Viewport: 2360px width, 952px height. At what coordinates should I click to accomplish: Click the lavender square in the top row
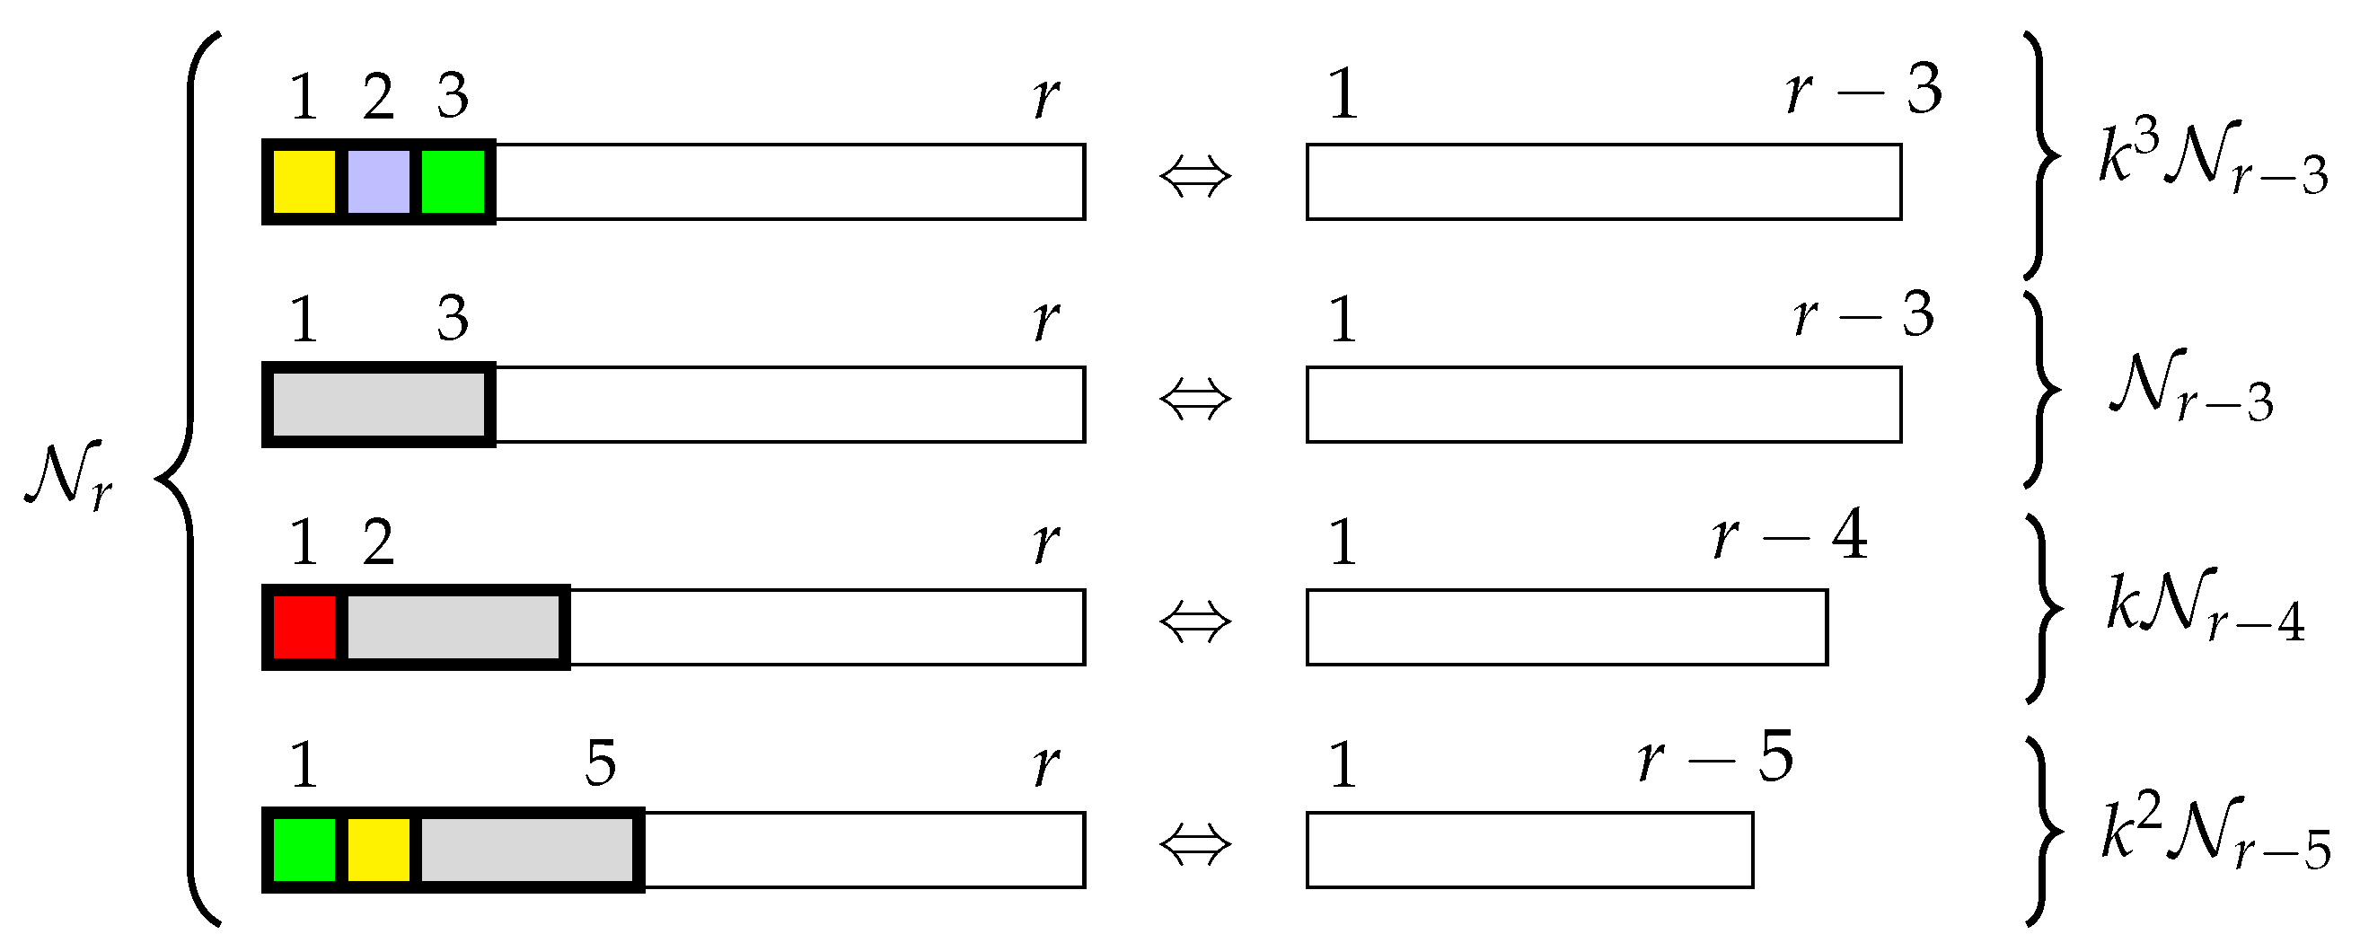pos(378,181)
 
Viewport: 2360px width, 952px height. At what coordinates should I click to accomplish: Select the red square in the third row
pos(304,627)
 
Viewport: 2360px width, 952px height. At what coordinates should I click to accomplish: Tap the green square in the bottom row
pos(304,850)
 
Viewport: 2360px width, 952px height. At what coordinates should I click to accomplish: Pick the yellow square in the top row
pos(304,181)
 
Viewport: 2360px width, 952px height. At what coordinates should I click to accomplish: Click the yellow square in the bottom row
pos(378,850)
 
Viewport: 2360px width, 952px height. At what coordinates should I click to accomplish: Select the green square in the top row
pos(453,181)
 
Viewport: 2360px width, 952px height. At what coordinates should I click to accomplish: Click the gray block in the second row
pos(378,404)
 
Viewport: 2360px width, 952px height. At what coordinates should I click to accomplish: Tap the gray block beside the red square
pos(454,627)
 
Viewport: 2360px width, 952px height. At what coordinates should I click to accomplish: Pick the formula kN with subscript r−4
pos(2205,605)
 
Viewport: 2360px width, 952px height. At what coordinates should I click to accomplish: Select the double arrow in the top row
pos(1195,176)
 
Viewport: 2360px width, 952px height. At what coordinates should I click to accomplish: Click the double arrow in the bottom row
pos(1195,845)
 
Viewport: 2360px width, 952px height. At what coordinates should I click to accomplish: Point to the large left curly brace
pos(188,477)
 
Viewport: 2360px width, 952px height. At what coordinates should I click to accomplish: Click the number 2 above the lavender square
pos(378,96)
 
